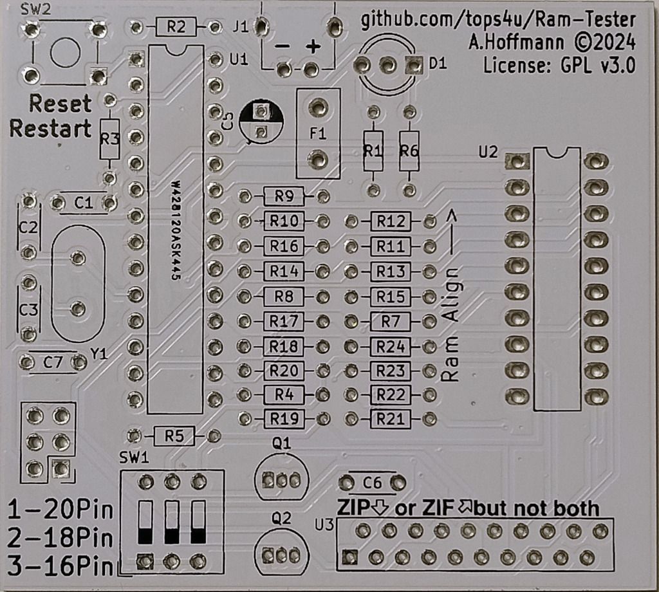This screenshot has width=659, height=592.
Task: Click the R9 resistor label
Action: coord(284,196)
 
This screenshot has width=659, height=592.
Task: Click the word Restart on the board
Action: coord(50,128)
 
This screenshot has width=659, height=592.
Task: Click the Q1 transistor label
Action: coord(282,443)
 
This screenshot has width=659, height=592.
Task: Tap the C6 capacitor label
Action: coord(373,483)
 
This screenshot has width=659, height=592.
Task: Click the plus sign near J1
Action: coord(313,47)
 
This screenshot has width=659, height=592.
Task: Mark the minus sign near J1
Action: coord(282,48)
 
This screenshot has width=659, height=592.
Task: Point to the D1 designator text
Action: coord(436,64)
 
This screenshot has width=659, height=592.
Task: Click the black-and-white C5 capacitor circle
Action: coord(260,122)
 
